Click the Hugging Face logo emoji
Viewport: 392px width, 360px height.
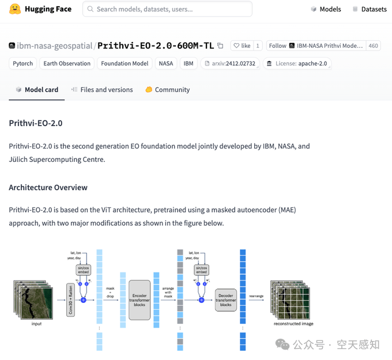pyautogui.click(x=15, y=9)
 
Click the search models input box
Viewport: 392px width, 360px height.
pyautogui.click(x=167, y=9)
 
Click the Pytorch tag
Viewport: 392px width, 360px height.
pyautogui.click(x=23, y=63)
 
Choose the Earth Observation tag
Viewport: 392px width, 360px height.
pyautogui.click(x=67, y=63)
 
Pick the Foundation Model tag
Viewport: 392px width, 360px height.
pyautogui.click(x=125, y=63)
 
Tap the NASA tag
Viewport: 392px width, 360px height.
pyautogui.click(x=166, y=63)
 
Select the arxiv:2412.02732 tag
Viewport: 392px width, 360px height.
pyautogui.click(x=230, y=63)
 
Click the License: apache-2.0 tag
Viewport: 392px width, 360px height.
pyautogui.click(x=297, y=63)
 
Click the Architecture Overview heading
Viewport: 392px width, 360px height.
pyautogui.click(x=48, y=187)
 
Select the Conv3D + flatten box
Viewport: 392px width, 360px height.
pyautogui.click(x=71, y=300)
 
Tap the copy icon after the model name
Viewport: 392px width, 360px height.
pyautogui.click(x=220, y=46)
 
